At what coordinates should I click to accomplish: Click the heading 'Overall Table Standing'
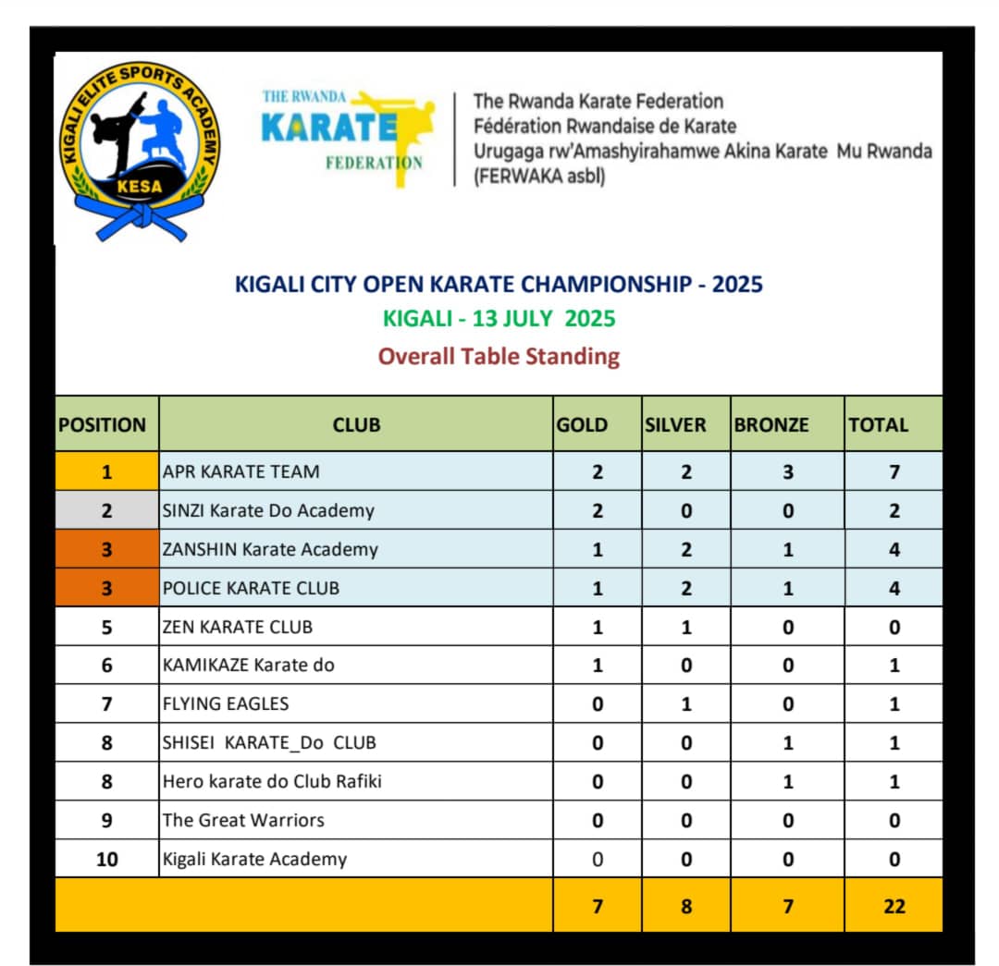tap(499, 356)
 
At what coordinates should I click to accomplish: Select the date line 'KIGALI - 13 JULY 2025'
tap(499, 319)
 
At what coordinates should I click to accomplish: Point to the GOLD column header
tap(582, 425)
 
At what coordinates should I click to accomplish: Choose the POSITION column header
tap(103, 425)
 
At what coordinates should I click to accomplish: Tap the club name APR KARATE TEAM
tap(240, 471)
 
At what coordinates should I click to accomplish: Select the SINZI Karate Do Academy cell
tap(268, 510)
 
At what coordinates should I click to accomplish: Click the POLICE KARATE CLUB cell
tap(251, 588)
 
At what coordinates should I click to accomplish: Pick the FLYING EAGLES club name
tap(226, 703)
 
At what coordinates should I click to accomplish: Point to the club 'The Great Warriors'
tap(243, 820)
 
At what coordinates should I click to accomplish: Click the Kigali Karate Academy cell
tap(254, 859)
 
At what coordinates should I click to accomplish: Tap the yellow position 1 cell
tap(106, 471)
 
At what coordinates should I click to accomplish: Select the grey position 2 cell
tap(106, 510)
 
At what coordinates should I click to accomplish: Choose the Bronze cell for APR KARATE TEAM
tap(787, 471)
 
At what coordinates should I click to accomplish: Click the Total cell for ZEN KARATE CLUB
tap(894, 627)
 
